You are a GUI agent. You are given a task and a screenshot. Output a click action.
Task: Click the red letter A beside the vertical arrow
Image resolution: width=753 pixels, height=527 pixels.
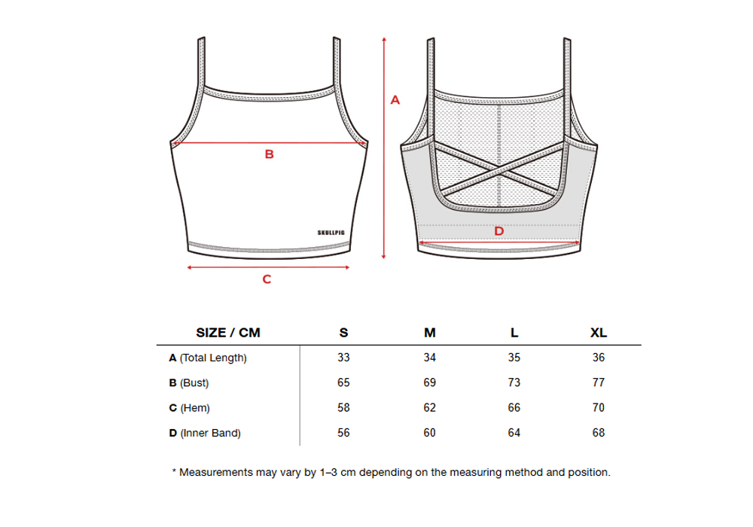coord(395,99)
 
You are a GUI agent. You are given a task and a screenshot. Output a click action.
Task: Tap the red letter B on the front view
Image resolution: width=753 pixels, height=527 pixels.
coord(269,154)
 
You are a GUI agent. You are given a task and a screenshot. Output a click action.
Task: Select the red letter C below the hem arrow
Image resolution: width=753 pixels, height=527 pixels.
coord(267,279)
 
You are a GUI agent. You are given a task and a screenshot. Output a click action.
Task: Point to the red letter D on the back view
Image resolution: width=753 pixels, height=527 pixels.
coord(498,230)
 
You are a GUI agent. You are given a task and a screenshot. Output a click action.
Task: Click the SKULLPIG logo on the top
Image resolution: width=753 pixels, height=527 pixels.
coord(331,232)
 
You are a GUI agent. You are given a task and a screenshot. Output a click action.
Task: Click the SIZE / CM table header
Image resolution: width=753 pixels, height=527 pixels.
coord(227,333)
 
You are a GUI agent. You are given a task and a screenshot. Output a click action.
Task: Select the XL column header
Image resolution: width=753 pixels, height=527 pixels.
coord(599,333)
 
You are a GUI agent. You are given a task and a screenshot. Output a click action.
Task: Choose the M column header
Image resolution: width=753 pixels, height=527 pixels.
coord(430,333)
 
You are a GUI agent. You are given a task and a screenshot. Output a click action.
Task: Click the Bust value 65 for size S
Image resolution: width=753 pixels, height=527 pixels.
coord(344,382)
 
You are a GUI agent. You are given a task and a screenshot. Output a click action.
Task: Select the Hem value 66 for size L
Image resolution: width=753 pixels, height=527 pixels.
coord(514,407)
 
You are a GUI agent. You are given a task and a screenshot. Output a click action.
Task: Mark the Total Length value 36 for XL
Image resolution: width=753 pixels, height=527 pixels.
coord(599,358)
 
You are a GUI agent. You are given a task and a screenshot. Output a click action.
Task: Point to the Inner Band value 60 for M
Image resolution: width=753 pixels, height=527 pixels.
coord(430,433)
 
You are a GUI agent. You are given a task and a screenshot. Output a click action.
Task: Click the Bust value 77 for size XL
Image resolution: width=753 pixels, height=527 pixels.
coord(599,382)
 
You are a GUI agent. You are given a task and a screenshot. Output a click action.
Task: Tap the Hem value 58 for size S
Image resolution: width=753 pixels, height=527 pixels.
coord(344,407)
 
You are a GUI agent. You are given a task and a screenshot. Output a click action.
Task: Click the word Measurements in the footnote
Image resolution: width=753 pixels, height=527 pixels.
coord(215,473)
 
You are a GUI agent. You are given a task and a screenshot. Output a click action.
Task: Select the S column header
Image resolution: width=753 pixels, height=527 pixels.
coord(344,333)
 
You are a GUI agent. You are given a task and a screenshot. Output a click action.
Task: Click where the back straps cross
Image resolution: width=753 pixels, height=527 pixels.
coord(501,172)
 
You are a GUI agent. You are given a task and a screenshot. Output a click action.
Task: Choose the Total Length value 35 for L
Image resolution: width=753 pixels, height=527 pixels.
coord(514,358)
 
